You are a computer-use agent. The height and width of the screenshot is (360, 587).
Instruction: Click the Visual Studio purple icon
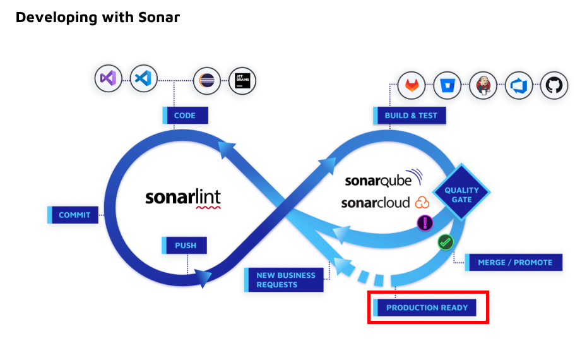[x=108, y=79]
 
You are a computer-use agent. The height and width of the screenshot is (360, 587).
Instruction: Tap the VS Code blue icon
[x=143, y=79]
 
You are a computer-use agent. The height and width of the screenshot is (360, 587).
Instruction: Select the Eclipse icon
[x=206, y=81]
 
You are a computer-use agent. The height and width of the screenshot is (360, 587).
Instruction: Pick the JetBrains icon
[x=242, y=81]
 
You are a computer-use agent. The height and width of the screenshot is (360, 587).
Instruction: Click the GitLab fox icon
[x=412, y=85]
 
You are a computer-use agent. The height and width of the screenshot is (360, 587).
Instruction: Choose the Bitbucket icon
[x=448, y=85]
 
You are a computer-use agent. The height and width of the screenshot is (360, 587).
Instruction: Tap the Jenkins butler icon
[x=483, y=85]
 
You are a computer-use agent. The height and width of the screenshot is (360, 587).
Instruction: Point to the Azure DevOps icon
[x=519, y=85]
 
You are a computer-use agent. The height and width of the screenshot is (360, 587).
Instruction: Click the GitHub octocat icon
[x=554, y=85]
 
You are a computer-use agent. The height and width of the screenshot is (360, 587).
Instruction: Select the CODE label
[x=185, y=116]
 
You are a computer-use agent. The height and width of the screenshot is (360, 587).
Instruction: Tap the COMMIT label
[x=74, y=215]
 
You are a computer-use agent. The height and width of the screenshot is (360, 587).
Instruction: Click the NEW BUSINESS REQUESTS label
[x=285, y=280]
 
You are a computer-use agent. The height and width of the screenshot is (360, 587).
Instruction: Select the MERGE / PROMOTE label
[x=514, y=262]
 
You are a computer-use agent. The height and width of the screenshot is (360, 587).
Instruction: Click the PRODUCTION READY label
[x=427, y=308]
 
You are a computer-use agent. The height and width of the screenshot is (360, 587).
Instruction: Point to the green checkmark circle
[x=446, y=241]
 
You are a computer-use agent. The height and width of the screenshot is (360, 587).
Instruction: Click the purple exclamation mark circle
[x=425, y=222]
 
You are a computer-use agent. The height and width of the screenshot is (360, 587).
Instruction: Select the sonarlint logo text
[x=183, y=198]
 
